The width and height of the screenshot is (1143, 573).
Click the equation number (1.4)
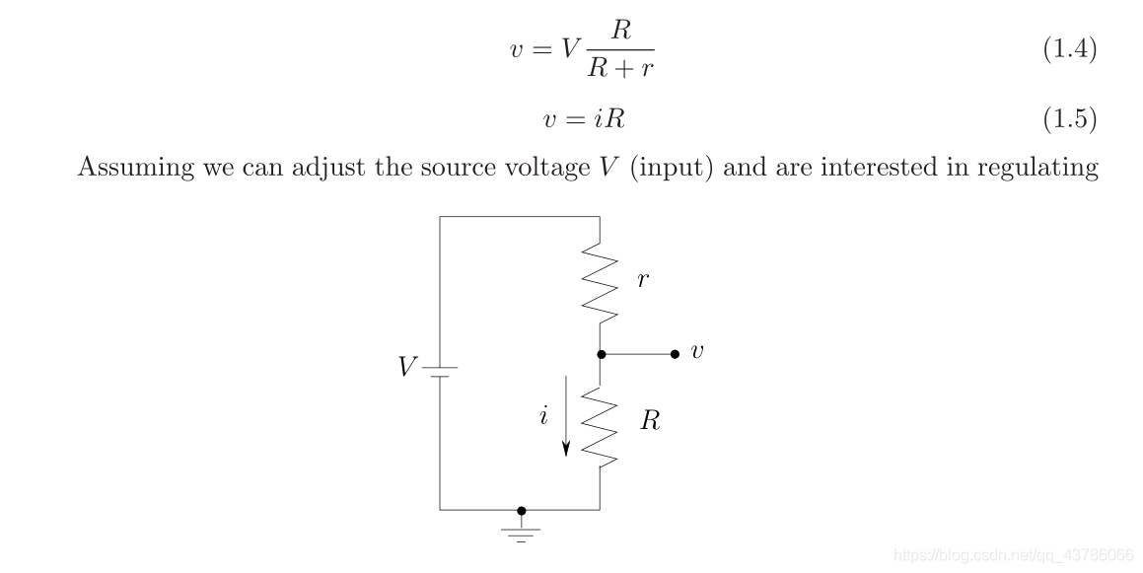(1069, 50)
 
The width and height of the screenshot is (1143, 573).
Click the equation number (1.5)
(1069, 119)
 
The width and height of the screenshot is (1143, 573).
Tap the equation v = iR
(584, 119)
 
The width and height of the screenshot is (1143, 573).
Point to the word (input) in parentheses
(675, 167)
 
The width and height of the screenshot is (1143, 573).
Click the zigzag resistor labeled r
(601, 283)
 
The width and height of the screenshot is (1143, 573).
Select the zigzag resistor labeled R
(601, 425)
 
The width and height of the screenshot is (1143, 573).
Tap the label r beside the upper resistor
(643, 280)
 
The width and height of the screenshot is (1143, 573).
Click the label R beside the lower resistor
(649, 422)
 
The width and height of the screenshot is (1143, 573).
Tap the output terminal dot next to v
(675, 354)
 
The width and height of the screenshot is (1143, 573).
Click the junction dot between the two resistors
(601, 354)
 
